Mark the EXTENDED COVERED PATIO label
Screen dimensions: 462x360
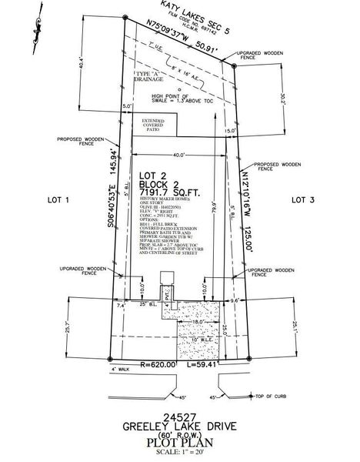(153, 126)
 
